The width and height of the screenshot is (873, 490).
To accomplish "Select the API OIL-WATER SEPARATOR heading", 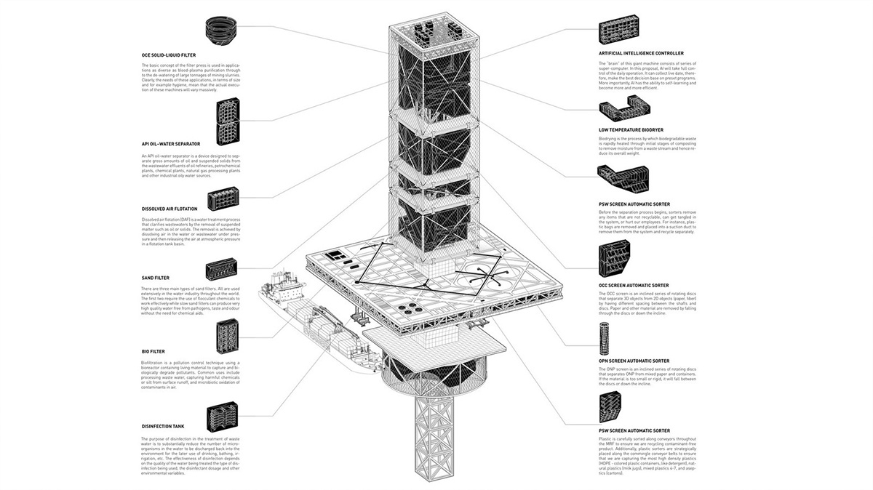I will tap(171, 144).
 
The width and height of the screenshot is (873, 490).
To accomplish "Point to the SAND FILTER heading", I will tap(156, 278).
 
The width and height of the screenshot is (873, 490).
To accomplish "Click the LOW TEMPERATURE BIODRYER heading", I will tap(631, 130).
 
